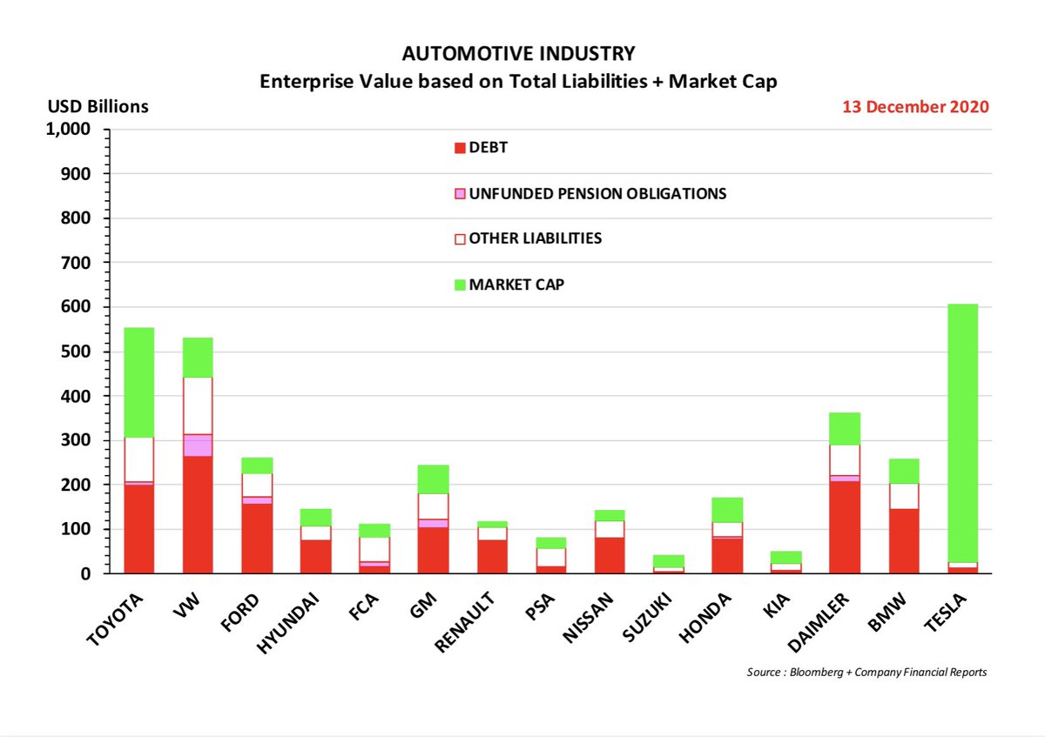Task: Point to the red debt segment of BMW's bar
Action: tap(903, 540)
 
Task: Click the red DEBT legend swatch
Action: tap(460, 149)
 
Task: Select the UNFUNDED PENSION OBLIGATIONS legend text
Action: tap(597, 194)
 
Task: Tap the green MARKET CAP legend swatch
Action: tap(460, 285)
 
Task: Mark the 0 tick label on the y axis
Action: tap(85, 574)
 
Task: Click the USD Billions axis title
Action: tap(97, 107)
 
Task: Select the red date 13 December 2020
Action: tap(914, 107)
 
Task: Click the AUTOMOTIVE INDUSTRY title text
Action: tap(519, 54)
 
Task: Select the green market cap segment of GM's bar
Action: tap(433, 479)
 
